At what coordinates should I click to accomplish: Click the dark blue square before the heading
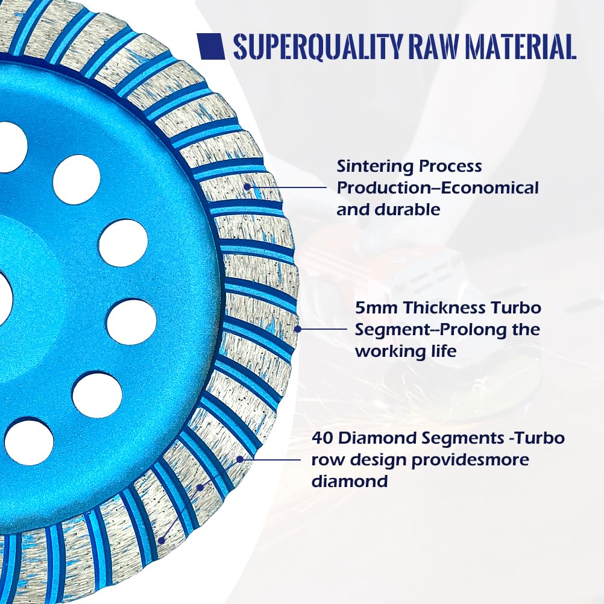(212, 46)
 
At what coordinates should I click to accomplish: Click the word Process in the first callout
(451, 166)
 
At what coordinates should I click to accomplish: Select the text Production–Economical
(438, 188)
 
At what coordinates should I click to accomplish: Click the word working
(391, 351)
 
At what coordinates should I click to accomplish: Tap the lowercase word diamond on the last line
(349, 481)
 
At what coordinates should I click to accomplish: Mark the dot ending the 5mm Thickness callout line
(296, 329)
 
